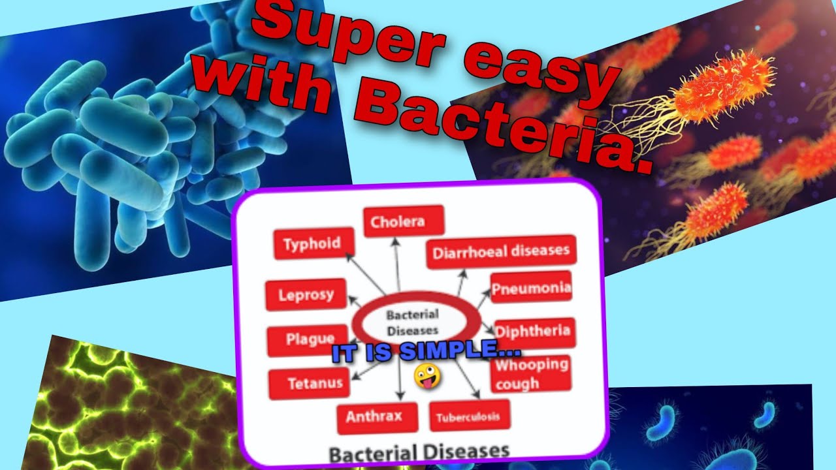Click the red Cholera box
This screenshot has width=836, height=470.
[x=404, y=221]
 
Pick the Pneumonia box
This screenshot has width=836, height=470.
[x=531, y=288]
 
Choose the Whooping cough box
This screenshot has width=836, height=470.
[x=530, y=373]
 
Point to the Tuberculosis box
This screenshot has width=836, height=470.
[x=470, y=416]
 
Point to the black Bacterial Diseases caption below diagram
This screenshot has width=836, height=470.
[x=419, y=451]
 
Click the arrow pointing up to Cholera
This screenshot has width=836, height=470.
[x=395, y=261]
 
